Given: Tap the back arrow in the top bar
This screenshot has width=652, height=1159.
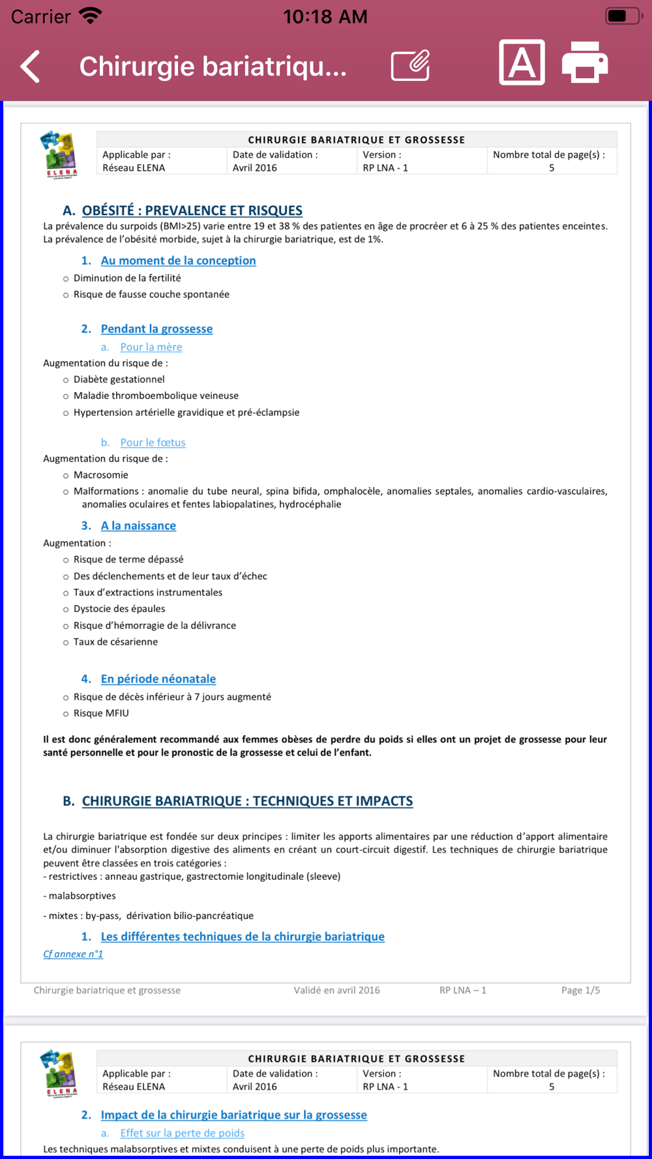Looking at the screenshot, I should pyautogui.click(x=31, y=66).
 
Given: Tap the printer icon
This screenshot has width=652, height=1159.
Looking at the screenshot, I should pyautogui.click(x=585, y=63).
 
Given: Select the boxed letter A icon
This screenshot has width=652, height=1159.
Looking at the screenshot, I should pyautogui.click(x=522, y=63).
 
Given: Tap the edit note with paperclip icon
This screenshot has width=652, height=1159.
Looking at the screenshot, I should pyautogui.click(x=411, y=65).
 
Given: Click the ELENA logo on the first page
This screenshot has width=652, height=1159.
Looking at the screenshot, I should pyautogui.click(x=59, y=154).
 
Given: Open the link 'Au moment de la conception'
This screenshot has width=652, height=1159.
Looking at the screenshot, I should pyautogui.click(x=178, y=261).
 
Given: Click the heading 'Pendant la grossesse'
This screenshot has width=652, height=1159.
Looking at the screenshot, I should pyautogui.click(x=156, y=329).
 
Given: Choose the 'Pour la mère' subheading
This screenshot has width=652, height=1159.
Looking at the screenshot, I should pyautogui.click(x=151, y=347).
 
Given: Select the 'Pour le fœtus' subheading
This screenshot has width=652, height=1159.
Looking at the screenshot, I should pyautogui.click(x=153, y=443).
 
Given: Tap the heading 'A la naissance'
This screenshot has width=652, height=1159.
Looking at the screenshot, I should pyautogui.click(x=138, y=526).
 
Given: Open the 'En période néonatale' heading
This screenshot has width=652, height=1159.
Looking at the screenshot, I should pyautogui.click(x=158, y=679).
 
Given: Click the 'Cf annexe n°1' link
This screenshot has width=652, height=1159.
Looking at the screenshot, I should pyautogui.click(x=73, y=954).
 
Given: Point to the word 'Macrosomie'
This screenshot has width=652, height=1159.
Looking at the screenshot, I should pyautogui.click(x=101, y=475).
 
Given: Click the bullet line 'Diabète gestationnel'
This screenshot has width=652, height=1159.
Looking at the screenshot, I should pyautogui.click(x=119, y=379).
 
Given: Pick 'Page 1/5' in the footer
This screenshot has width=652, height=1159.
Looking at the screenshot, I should pyautogui.click(x=580, y=990).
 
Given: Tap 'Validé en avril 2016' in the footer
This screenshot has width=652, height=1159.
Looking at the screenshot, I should pyautogui.click(x=336, y=990).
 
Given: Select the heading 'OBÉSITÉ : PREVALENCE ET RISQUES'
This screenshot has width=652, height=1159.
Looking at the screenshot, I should pyautogui.click(x=192, y=211).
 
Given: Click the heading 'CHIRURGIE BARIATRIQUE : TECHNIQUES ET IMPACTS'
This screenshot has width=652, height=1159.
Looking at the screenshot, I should pyautogui.click(x=247, y=801).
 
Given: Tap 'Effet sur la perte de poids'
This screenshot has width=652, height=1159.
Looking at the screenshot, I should pyautogui.click(x=182, y=1133).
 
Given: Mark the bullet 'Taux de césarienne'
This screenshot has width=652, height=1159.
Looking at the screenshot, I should pyautogui.click(x=115, y=642).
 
